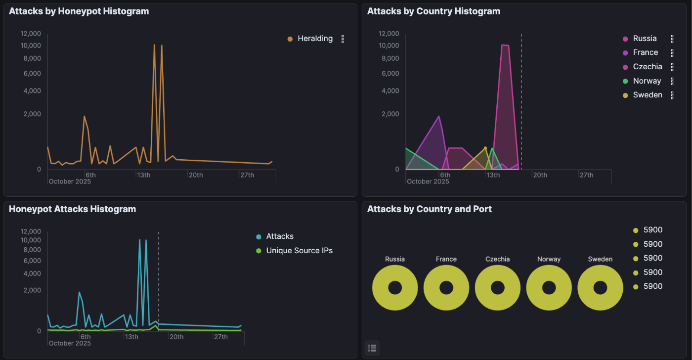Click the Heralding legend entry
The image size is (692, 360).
tap(315, 39)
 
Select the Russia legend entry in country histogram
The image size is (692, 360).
tap(645, 39)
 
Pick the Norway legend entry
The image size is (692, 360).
tap(647, 81)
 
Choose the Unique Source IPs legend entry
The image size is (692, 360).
tap(299, 251)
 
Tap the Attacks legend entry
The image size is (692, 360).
tap(280, 236)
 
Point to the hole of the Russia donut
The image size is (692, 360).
tap(395, 288)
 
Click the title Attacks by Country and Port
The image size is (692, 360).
tap(429, 209)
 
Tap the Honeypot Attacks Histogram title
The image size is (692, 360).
tap(72, 209)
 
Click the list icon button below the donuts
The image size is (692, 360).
tap(373, 348)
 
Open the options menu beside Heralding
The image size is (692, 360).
tap(343, 39)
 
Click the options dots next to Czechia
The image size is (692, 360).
tap(672, 67)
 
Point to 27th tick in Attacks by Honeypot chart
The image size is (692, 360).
tap(247, 175)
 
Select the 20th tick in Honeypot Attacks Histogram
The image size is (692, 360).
tap(176, 337)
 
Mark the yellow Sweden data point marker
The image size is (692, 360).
tap(485, 148)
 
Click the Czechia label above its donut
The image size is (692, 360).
tap(497, 259)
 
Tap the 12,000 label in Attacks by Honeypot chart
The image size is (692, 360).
tap(31, 34)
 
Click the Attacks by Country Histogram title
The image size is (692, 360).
tap(433, 11)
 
